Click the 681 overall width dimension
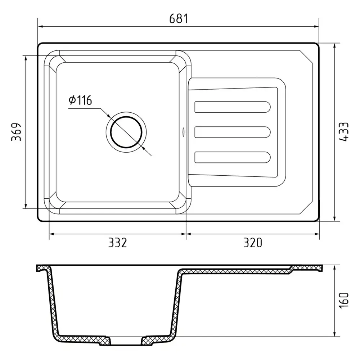(x=179, y=19)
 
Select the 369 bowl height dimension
(x=16, y=132)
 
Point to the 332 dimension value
(x=117, y=243)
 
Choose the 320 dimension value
(x=253, y=243)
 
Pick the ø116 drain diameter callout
(x=80, y=100)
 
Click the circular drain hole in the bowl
(x=126, y=132)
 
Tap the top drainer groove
(x=232, y=107)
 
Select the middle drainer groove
(x=232, y=132)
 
